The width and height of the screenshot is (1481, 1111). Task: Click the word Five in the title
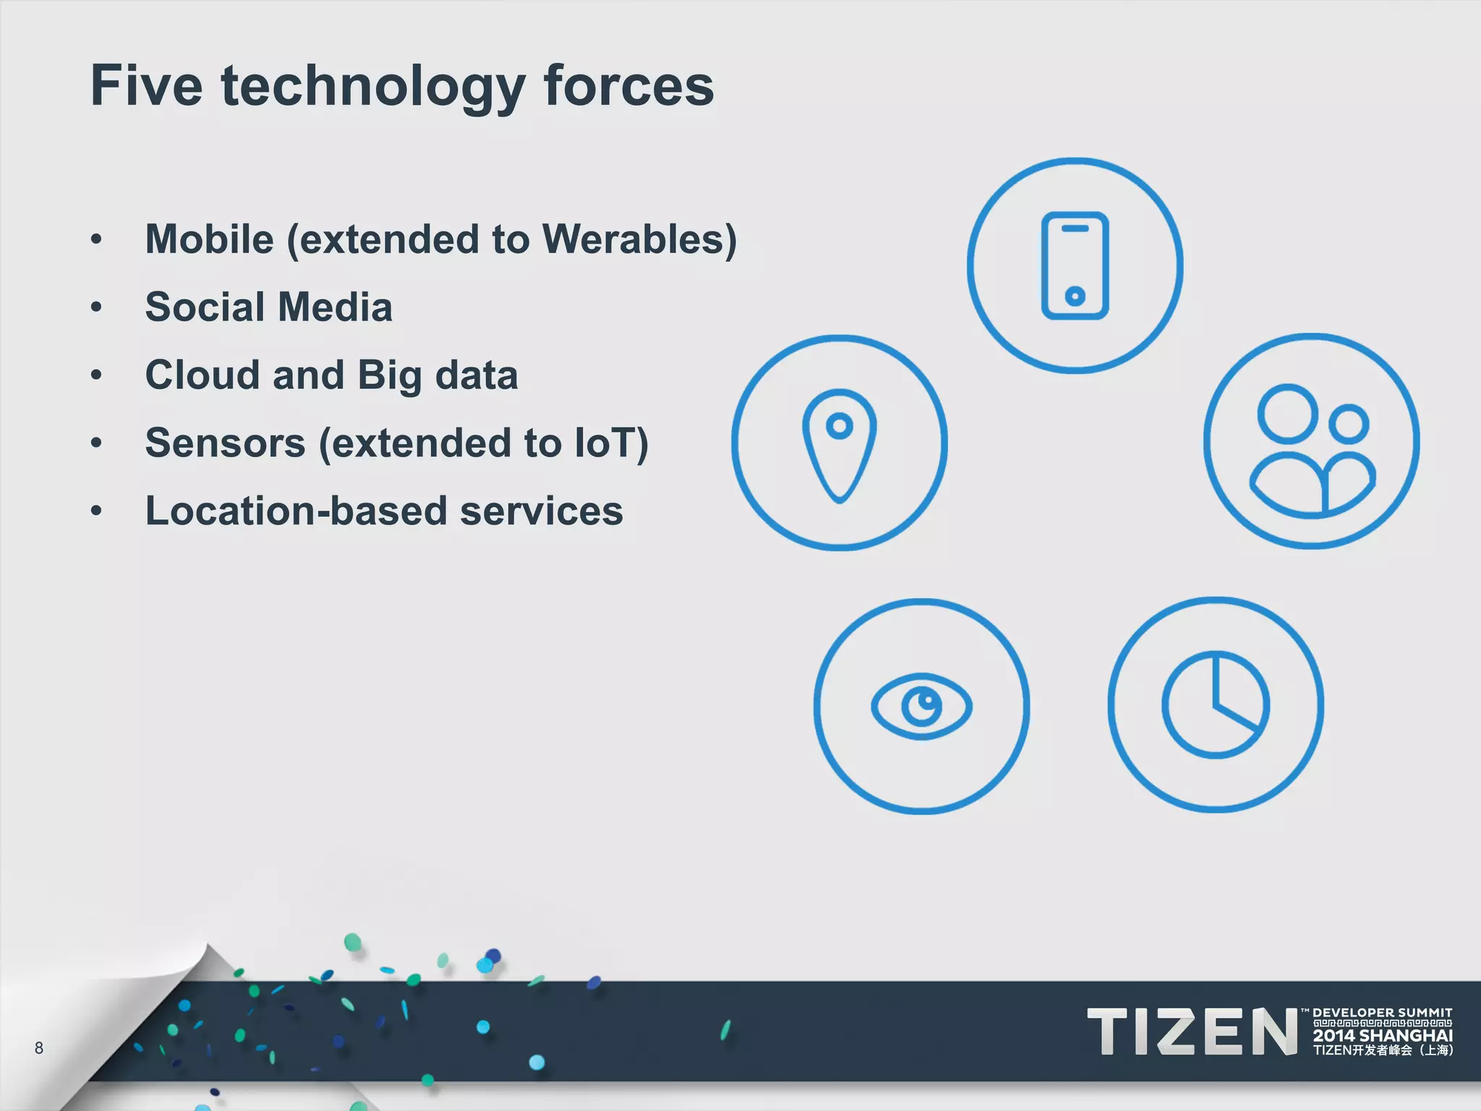pos(146,85)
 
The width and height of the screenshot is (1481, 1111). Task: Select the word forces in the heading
pos(628,85)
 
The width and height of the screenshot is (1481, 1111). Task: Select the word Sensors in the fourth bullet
pos(225,443)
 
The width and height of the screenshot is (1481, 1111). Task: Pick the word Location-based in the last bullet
pos(296,511)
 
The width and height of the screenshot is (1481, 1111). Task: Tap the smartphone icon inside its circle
pos(1075,265)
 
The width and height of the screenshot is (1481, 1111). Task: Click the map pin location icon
pos(839,443)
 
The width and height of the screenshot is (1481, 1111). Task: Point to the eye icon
pos(921,706)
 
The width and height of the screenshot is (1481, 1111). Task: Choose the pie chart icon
pos(1216,705)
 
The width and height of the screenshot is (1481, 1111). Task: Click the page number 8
pos(39,1048)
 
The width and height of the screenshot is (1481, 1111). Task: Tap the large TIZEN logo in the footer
pos(1192,1032)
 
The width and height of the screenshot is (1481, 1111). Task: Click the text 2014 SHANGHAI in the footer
pos(1382,1035)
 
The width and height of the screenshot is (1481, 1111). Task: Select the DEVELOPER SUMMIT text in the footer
pos(1382,1013)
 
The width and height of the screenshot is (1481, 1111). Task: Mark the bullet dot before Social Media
pos(97,307)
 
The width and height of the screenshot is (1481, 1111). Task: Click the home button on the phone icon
pos(1075,295)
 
